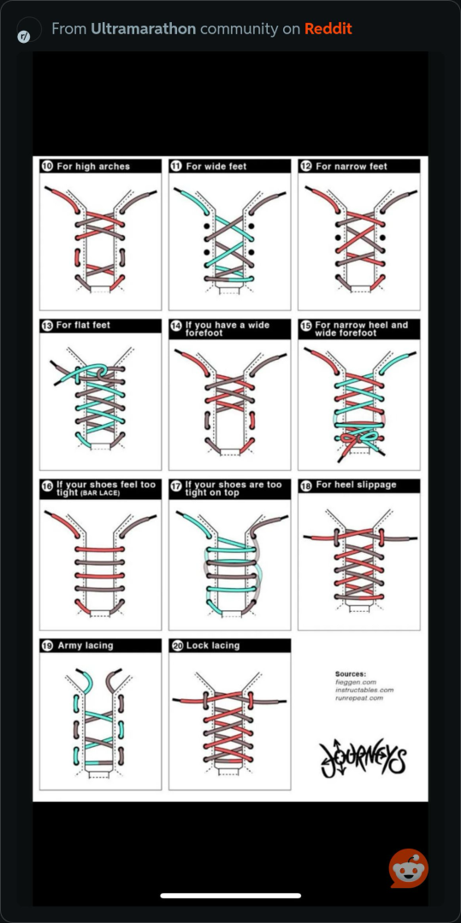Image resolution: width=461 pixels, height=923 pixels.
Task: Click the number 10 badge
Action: click(47, 167)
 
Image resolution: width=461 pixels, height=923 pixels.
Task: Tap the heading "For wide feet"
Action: click(216, 167)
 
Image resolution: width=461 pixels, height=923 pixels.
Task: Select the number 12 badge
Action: click(306, 167)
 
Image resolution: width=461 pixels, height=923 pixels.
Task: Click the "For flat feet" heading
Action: click(83, 325)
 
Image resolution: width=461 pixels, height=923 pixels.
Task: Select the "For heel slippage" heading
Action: click(356, 485)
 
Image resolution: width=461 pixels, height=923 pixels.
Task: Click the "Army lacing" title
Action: click(86, 646)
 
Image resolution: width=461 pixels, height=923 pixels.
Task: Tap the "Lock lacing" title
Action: click(213, 646)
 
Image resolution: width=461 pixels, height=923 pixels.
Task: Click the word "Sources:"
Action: click(351, 674)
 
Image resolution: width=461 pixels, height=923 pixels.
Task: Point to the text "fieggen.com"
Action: click(352, 682)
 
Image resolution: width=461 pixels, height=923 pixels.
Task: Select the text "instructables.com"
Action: click(364, 690)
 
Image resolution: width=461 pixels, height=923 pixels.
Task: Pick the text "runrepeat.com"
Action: click(359, 698)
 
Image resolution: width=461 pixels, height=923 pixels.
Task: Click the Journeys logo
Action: click(363, 758)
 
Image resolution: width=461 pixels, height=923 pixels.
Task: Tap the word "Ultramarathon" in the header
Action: click(143, 28)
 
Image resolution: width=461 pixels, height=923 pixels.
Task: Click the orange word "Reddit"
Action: click(328, 28)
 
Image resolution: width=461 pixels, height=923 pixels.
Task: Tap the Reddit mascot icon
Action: click(409, 868)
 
